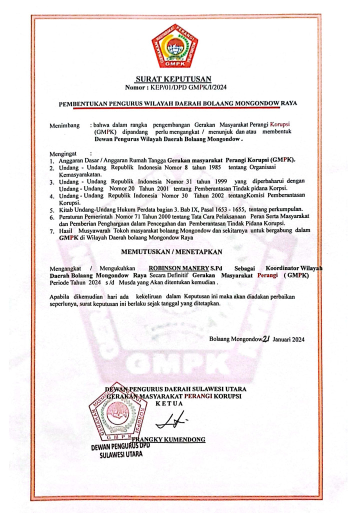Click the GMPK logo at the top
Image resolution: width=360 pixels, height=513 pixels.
(x=174, y=49)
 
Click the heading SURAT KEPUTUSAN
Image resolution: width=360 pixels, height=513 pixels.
(x=174, y=78)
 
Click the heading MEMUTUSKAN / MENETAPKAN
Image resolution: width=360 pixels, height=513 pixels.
(x=171, y=251)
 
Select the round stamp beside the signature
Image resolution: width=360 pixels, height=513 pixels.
(x=116, y=419)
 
